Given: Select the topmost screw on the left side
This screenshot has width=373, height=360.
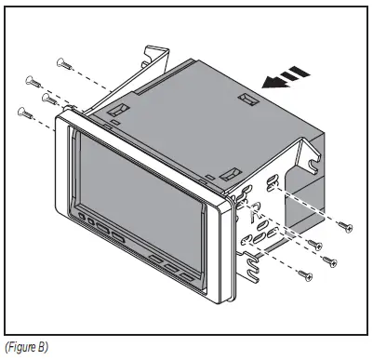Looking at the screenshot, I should click(x=64, y=62).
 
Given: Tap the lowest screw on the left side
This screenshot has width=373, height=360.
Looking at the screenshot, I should click(x=23, y=113).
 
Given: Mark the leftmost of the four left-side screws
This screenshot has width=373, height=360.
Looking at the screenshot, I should click(x=23, y=113).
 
